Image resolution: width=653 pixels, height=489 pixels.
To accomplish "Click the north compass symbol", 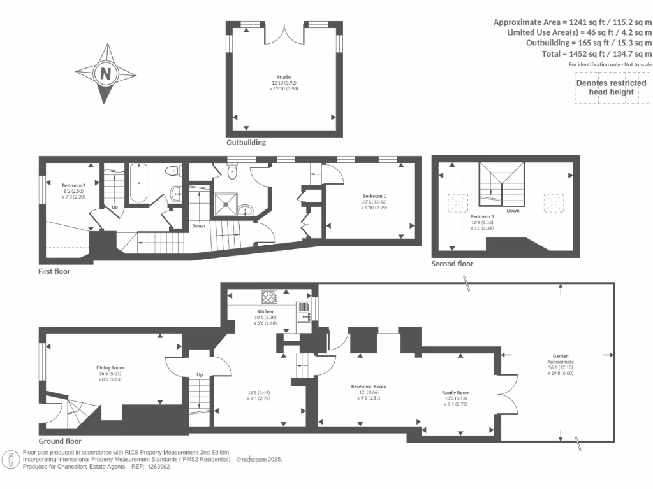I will pyautogui.click(x=105, y=74).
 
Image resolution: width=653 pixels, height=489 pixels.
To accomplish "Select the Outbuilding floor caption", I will pyautogui.click(x=246, y=143).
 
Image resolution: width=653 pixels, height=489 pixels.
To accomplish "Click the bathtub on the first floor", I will pyautogui.click(x=139, y=183).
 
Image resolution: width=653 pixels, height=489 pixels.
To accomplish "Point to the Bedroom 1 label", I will pyautogui.click(x=374, y=195).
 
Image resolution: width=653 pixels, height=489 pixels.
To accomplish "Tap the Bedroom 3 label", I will pyautogui.click(x=482, y=217).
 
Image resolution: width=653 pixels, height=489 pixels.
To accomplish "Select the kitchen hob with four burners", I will pyautogui.click(x=269, y=297).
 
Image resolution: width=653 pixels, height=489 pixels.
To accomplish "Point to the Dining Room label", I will pyautogui.click(x=110, y=368).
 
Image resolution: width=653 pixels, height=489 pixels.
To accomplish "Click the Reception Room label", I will pyautogui.click(x=369, y=386).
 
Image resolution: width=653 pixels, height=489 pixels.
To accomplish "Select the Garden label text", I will pyautogui.click(x=561, y=357).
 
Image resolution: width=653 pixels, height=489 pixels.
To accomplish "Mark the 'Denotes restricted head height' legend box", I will pyautogui.click(x=610, y=87).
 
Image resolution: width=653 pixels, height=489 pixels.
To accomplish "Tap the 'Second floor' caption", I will pyautogui.click(x=452, y=264).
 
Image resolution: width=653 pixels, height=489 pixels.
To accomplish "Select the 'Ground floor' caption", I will pyautogui.click(x=60, y=441).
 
